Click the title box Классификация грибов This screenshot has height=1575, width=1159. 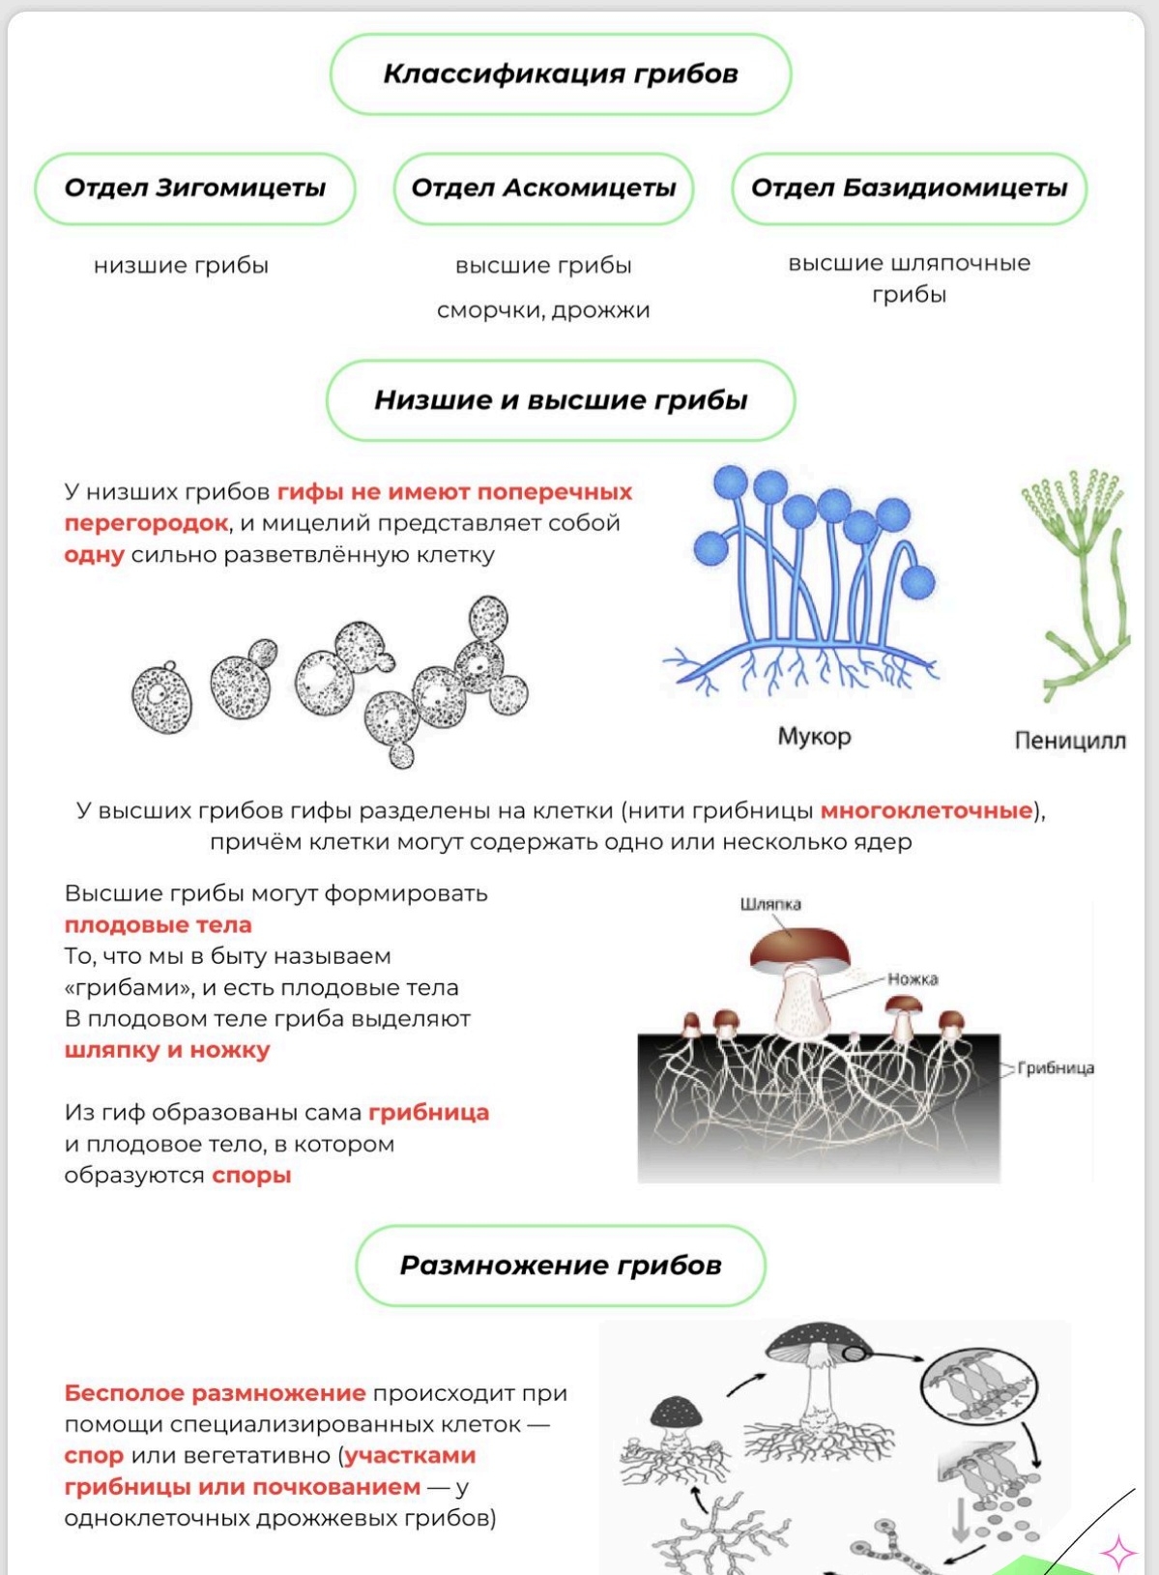pyautogui.click(x=561, y=74)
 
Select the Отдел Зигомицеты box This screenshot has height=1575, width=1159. pyautogui.click(x=195, y=189)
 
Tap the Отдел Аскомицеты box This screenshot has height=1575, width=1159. pyautogui.click(x=543, y=189)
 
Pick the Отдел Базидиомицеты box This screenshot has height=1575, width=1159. pyautogui.click(x=909, y=189)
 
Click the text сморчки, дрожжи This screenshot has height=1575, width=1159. pyautogui.click(x=543, y=310)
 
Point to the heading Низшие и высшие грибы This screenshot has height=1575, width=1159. pyautogui.click(x=561, y=400)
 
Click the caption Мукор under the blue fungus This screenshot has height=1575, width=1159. pyautogui.click(x=814, y=737)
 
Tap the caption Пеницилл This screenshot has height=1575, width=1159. pyautogui.click(x=1069, y=741)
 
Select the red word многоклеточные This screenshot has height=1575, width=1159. pyautogui.click(x=926, y=810)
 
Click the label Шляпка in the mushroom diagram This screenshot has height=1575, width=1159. pyautogui.click(x=770, y=904)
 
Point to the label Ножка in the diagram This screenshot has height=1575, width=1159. pyautogui.click(x=913, y=978)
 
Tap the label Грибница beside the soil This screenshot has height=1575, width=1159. pyautogui.click(x=1056, y=1068)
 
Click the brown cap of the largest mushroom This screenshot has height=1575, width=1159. pyautogui.click(x=800, y=945)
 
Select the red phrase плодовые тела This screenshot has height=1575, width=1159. pyautogui.click(x=159, y=924)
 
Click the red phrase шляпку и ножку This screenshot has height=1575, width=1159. pyautogui.click(x=167, y=1050)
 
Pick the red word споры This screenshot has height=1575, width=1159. pyautogui.click(x=251, y=1176)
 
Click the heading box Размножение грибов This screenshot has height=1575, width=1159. pyautogui.click(x=561, y=1266)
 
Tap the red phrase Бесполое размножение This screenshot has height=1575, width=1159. pyautogui.click(x=215, y=1393)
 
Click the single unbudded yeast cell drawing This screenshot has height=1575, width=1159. pyautogui.click(x=161, y=696)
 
